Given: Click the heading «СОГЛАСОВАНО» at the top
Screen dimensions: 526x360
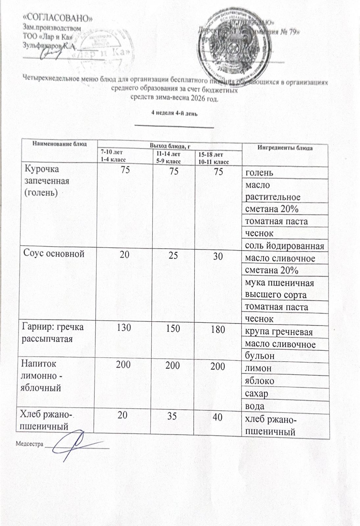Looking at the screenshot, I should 58,17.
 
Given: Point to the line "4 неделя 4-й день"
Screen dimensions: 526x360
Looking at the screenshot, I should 174,114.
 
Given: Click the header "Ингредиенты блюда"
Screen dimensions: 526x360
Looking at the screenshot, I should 285,148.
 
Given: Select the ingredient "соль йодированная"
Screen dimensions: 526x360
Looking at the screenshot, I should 285,246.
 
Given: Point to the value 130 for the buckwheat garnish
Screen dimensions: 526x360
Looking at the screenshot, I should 124,328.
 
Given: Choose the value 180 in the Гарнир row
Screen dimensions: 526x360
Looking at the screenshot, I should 218,329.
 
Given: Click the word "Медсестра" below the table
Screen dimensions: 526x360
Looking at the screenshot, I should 30,444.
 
